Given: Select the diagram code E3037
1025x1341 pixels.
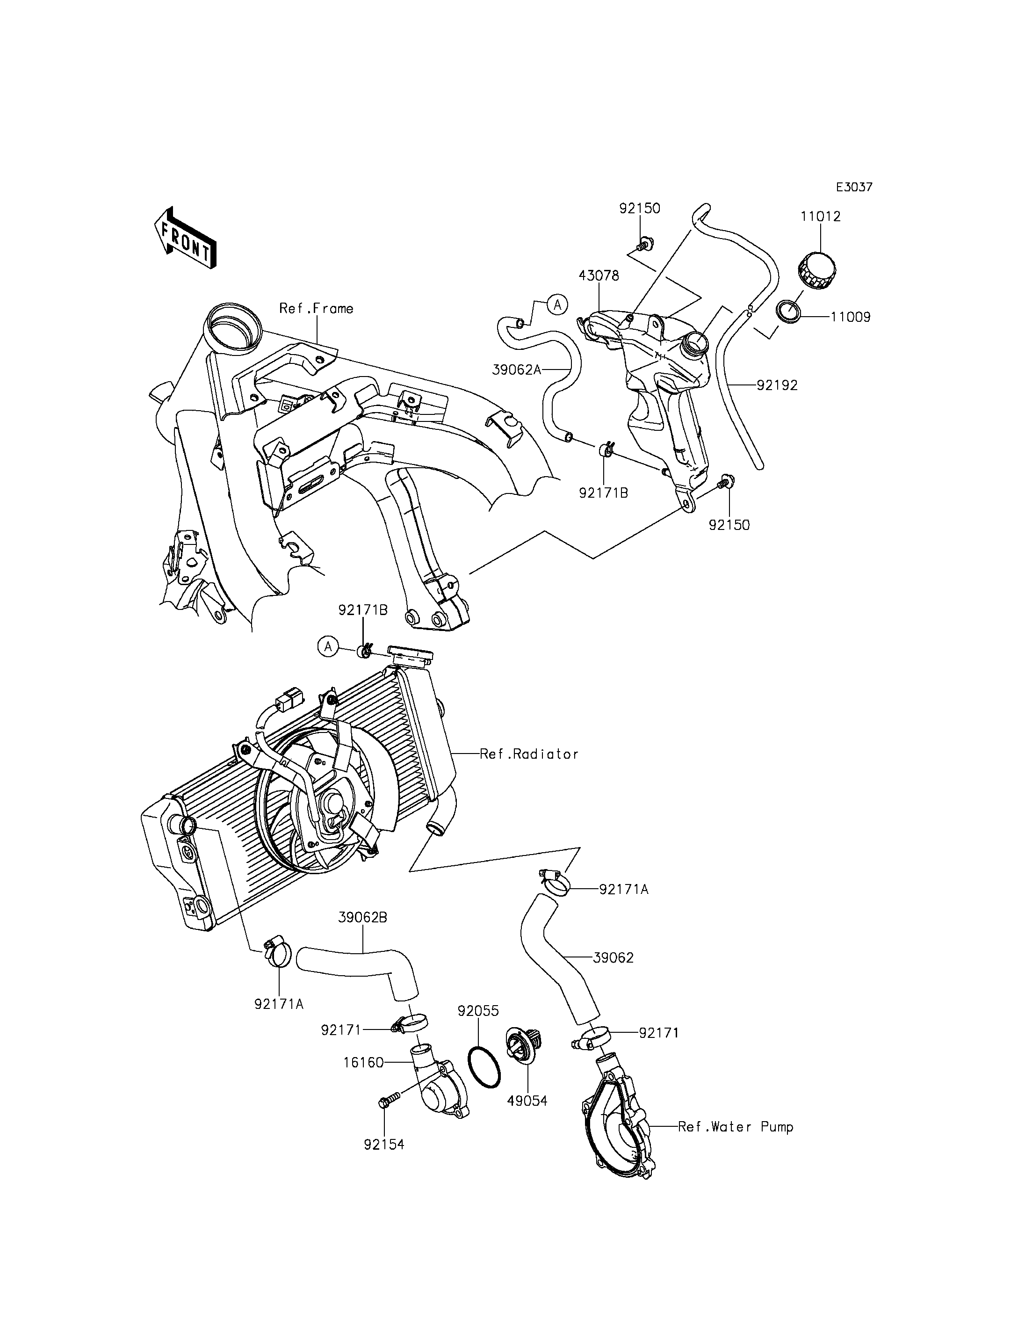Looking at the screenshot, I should (853, 188).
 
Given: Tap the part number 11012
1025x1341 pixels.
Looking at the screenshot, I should (821, 217).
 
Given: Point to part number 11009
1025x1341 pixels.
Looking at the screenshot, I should (850, 318).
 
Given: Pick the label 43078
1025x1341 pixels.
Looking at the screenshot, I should (599, 276).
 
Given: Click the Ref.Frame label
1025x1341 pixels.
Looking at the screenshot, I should (316, 309).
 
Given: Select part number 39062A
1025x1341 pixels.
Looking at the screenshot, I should (517, 370).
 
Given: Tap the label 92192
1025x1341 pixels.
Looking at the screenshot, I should (777, 385).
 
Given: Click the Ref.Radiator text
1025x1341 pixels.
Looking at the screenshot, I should (529, 754).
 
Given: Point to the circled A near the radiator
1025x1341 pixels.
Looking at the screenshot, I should (328, 646).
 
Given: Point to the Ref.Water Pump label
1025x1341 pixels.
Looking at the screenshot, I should (735, 1127).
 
